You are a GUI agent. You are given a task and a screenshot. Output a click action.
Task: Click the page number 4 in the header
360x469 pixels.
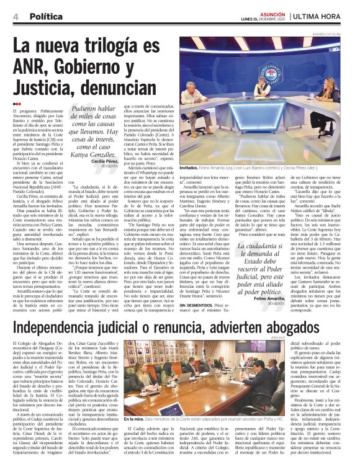[x=14, y=17]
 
